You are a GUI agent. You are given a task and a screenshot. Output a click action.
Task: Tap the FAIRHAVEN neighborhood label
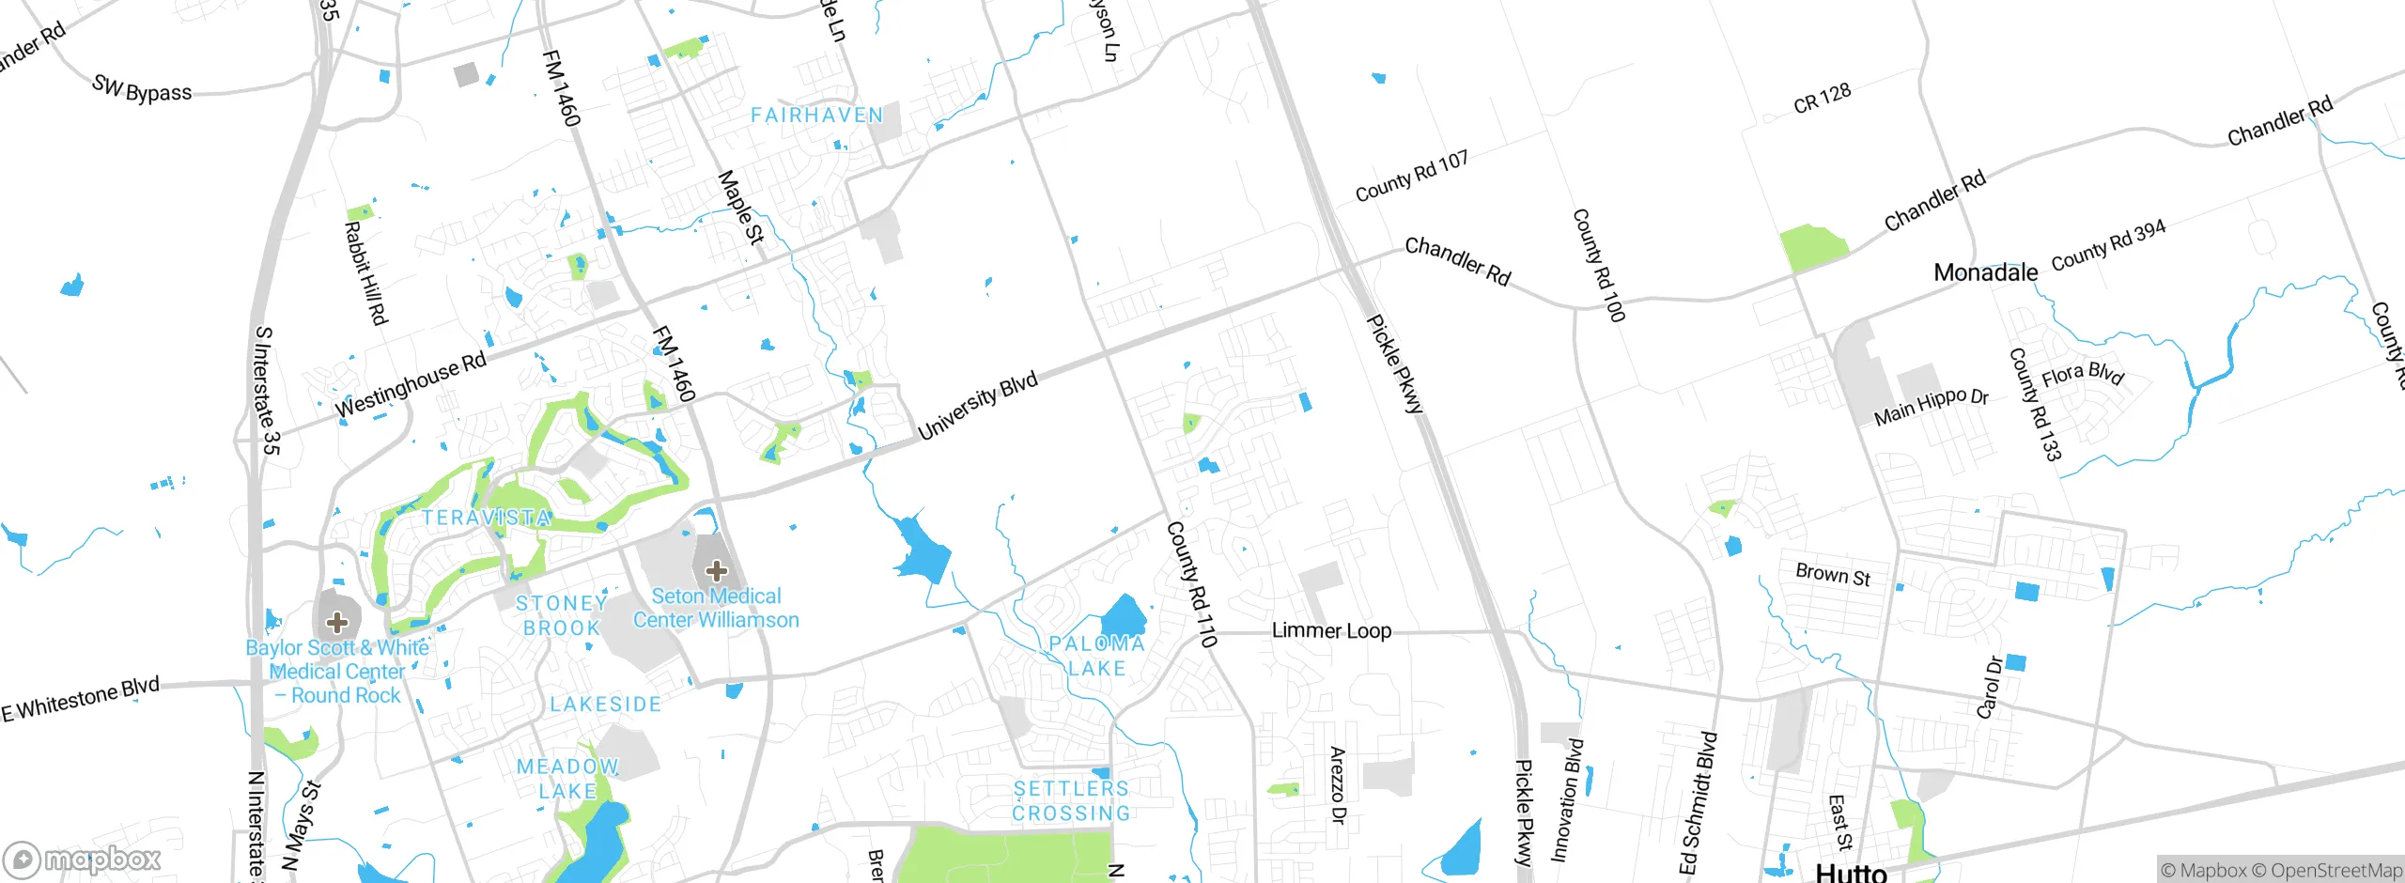click(x=816, y=116)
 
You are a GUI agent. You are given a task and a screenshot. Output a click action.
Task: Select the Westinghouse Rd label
click(x=411, y=383)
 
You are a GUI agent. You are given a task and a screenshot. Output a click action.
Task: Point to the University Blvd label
click(x=978, y=405)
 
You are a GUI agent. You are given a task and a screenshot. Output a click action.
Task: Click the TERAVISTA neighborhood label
click(x=486, y=518)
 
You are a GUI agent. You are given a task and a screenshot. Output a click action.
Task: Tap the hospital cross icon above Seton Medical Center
click(x=716, y=570)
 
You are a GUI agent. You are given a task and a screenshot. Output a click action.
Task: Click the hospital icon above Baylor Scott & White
click(x=336, y=622)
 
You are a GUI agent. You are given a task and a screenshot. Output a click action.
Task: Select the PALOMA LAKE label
click(x=1097, y=656)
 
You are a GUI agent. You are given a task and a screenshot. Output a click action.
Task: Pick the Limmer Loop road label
click(x=1331, y=630)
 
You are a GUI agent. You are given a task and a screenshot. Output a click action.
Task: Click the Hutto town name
click(x=1851, y=872)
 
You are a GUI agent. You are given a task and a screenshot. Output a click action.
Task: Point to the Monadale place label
click(x=1985, y=272)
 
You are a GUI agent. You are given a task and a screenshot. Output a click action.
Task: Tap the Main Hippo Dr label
click(x=1931, y=406)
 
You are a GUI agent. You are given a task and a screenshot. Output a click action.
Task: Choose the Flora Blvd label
click(x=2082, y=374)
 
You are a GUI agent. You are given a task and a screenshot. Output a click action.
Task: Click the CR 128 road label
click(x=1822, y=98)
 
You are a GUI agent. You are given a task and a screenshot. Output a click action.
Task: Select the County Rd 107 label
click(x=1411, y=176)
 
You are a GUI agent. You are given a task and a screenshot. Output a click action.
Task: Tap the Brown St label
click(x=1832, y=574)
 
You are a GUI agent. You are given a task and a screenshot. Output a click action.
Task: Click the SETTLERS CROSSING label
click(x=1071, y=800)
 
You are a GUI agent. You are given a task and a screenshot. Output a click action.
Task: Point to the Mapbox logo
click(x=83, y=859)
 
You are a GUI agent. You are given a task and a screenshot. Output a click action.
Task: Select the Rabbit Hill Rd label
click(x=365, y=272)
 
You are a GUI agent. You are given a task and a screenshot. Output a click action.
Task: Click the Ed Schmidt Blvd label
click(x=1699, y=803)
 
